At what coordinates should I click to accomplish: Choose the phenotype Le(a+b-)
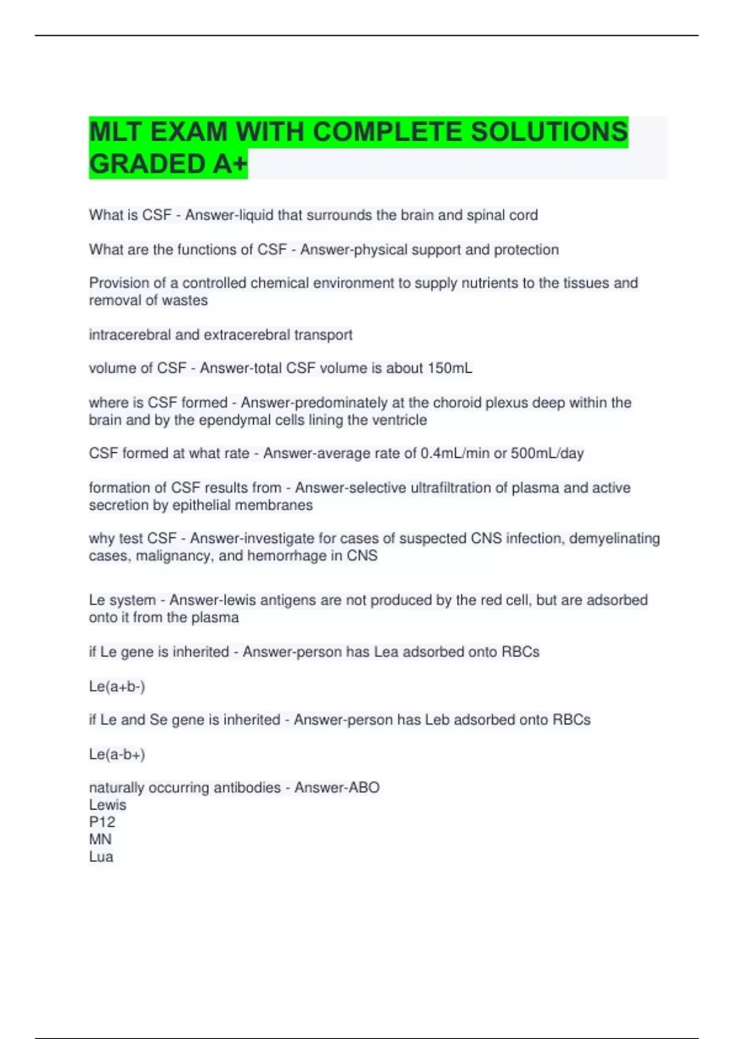117,686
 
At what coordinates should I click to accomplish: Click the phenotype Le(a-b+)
117,754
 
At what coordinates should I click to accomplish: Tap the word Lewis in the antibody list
108,805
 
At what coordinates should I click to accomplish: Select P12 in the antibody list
102,822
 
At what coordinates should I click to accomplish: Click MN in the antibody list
100,839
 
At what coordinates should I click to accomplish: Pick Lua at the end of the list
101,856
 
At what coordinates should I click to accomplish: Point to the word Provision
116,283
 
